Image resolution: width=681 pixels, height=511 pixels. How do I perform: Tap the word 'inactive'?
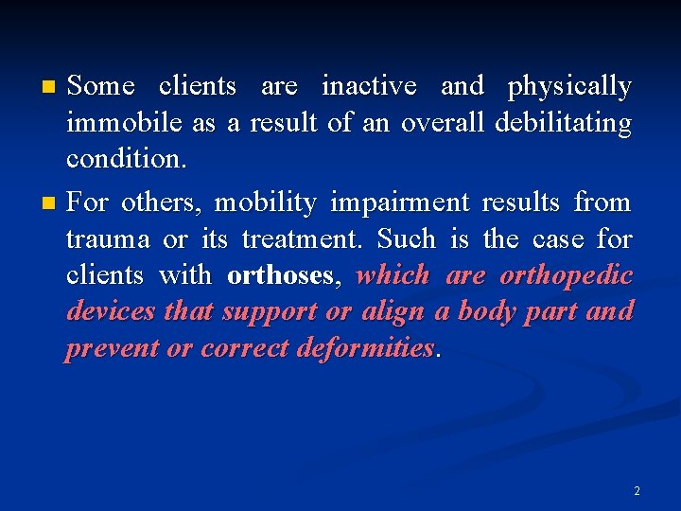click(x=369, y=87)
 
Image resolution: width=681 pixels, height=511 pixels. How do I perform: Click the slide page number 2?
click(x=637, y=491)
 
